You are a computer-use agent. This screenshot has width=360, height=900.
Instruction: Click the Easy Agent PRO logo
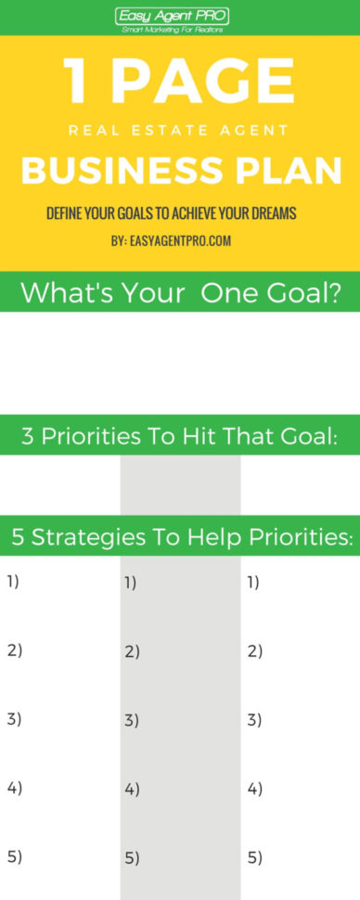pyautogui.click(x=172, y=16)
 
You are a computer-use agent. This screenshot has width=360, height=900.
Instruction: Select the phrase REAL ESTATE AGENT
pyautogui.click(x=179, y=132)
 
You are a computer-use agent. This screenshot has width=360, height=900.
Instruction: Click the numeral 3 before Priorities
pyautogui.click(x=28, y=436)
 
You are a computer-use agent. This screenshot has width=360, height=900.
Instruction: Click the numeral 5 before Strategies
pyautogui.click(x=19, y=537)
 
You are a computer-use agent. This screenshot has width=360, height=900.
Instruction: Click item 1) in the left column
pyautogui.click(x=13, y=582)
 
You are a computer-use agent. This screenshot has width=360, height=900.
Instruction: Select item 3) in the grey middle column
pyautogui.click(x=131, y=720)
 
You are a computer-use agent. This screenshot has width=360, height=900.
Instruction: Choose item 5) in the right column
pyautogui.click(x=255, y=857)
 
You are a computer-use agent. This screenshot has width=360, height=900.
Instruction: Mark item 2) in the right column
pyautogui.click(x=255, y=650)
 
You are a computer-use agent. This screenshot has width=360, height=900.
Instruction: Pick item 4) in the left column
pyautogui.click(x=14, y=789)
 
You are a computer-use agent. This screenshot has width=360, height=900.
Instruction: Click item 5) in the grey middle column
pyautogui.click(x=131, y=858)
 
